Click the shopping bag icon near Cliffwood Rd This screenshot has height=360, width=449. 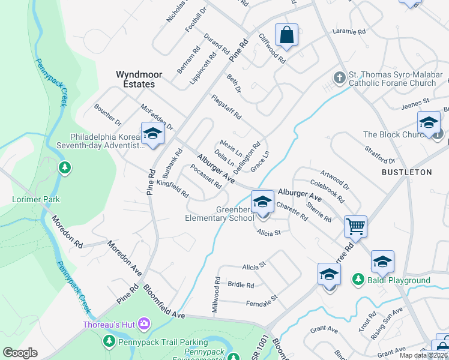(287, 35)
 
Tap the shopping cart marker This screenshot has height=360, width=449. (355, 227)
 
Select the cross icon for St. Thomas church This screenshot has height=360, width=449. (339, 78)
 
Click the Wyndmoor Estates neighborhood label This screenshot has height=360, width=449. (135, 80)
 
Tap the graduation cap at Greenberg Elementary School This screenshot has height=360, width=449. (262, 201)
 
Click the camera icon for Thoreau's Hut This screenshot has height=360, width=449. (144, 325)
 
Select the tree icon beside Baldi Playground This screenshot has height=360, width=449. (358, 280)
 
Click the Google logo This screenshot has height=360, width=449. (20, 353)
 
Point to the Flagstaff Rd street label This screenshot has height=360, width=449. (226, 107)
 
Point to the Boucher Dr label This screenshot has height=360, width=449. (107, 115)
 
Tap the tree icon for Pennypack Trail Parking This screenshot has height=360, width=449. (109, 341)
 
